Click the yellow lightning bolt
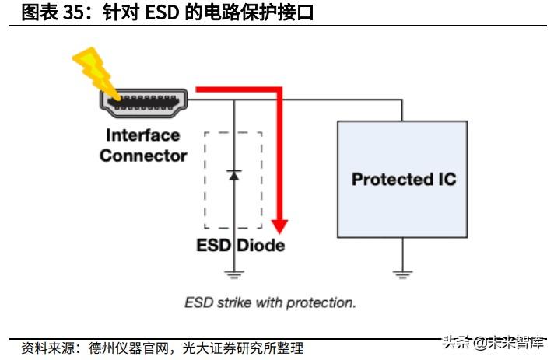coord(93,69)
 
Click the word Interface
coord(143,135)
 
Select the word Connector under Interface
coord(143,156)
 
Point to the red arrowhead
coord(279,226)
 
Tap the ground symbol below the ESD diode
coord(234,274)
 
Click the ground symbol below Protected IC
coord(401,273)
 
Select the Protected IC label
coord(404,180)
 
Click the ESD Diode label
coord(240,246)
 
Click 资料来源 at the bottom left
coord(45,348)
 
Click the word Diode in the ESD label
coord(260,246)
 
